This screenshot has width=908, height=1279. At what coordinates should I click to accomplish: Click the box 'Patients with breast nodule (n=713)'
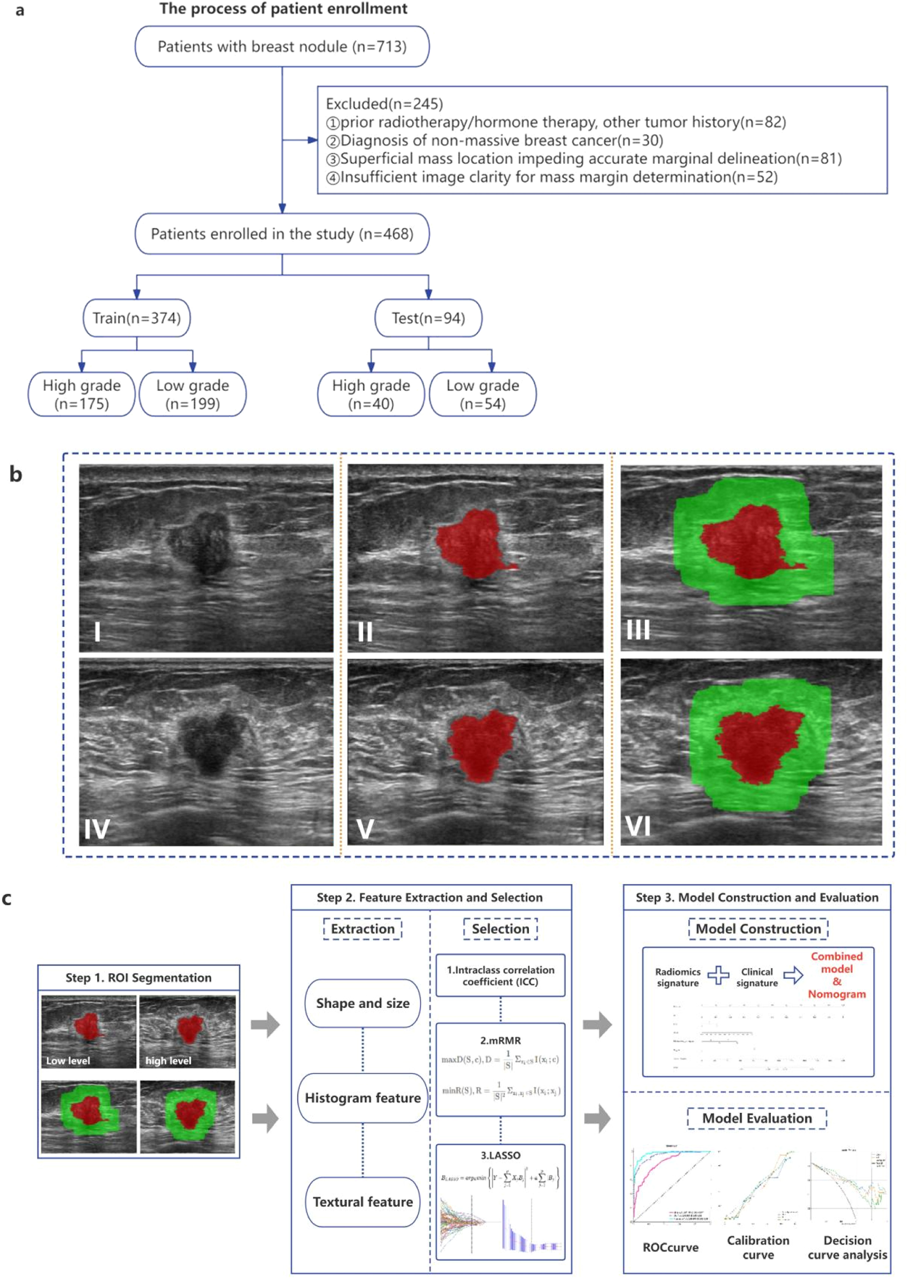pyautogui.click(x=282, y=46)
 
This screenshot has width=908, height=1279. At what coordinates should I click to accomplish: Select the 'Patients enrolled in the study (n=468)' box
pyautogui.click(x=282, y=234)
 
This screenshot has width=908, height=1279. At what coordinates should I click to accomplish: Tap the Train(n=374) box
pyautogui.click(x=136, y=318)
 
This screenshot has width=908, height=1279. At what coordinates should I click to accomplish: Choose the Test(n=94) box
pyautogui.click(x=428, y=318)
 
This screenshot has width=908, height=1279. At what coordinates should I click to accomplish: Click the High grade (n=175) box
pyautogui.click(x=82, y=394)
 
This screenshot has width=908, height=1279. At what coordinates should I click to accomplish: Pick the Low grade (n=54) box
pyautogui.click(x=483, y=394)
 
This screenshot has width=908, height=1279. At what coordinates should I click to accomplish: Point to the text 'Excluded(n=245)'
pyautogui.click(x=384, y=104)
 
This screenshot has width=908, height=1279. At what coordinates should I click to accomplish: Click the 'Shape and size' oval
pyautogui.click(x=362, y=1003)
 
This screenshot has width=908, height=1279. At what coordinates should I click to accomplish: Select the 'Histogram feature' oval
pyautogui.click(x=362, y=1098)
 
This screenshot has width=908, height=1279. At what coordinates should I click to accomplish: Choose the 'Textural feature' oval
pyautogui.click(x=362, y=1202)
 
